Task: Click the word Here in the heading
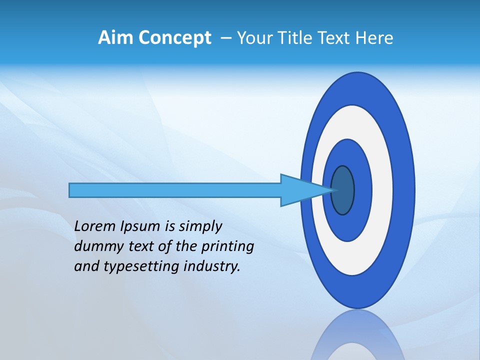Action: pos(374,38)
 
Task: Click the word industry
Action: pos(212,266)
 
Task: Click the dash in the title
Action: pos(225,38)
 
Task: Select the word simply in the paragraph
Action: pos(200,227)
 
